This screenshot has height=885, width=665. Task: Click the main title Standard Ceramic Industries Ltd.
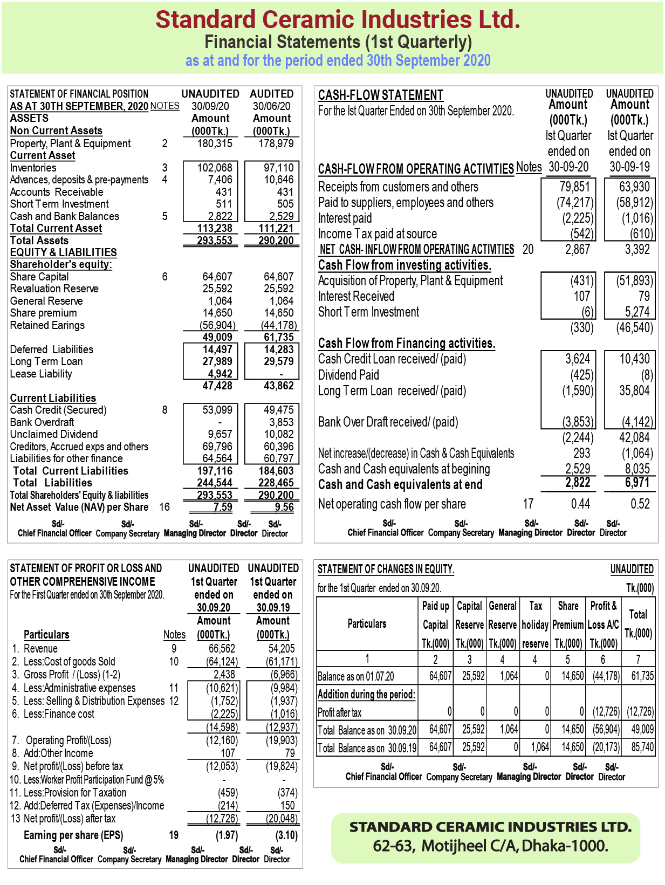338,19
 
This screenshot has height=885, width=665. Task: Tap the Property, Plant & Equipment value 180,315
215,143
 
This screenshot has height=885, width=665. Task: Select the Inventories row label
33,168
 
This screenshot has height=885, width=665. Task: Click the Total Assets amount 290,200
276,241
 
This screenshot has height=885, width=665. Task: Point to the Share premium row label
44,313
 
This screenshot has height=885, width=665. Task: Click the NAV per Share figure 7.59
222,507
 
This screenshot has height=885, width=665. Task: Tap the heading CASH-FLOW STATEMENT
380,95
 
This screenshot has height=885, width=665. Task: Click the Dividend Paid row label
348,375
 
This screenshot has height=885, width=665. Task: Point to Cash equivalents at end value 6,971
637,483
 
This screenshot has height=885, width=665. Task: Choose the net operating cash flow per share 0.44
580,504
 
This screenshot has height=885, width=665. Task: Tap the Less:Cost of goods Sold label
70,661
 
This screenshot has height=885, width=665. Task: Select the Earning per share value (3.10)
286,835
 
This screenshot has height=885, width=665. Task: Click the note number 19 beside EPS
174,835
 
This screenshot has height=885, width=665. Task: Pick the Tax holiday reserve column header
535,624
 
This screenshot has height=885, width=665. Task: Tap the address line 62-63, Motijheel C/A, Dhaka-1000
490,846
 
